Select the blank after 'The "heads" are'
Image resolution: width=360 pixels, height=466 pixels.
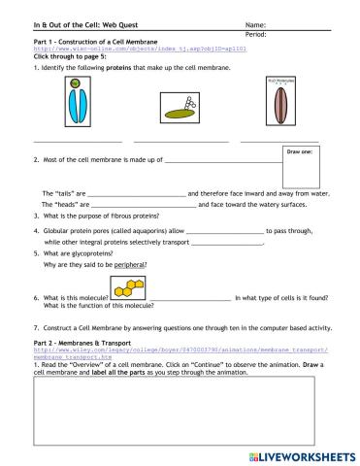(144, 205)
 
